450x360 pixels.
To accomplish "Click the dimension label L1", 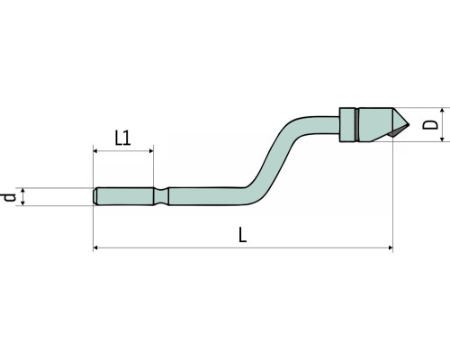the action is pos(123,138).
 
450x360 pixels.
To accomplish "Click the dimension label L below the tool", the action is pos(242,235).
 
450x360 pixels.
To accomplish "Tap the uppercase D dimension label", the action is pos(430,125).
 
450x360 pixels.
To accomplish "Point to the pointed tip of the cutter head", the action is pos(409,124).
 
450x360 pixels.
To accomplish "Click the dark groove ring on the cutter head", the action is pos(356,124).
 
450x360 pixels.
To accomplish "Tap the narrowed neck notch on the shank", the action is pos(161,196).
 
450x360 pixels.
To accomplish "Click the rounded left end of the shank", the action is pos(95,196).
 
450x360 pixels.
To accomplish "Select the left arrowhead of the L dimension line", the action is pos(95,247).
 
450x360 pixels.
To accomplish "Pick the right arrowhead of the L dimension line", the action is pos(391,247).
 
